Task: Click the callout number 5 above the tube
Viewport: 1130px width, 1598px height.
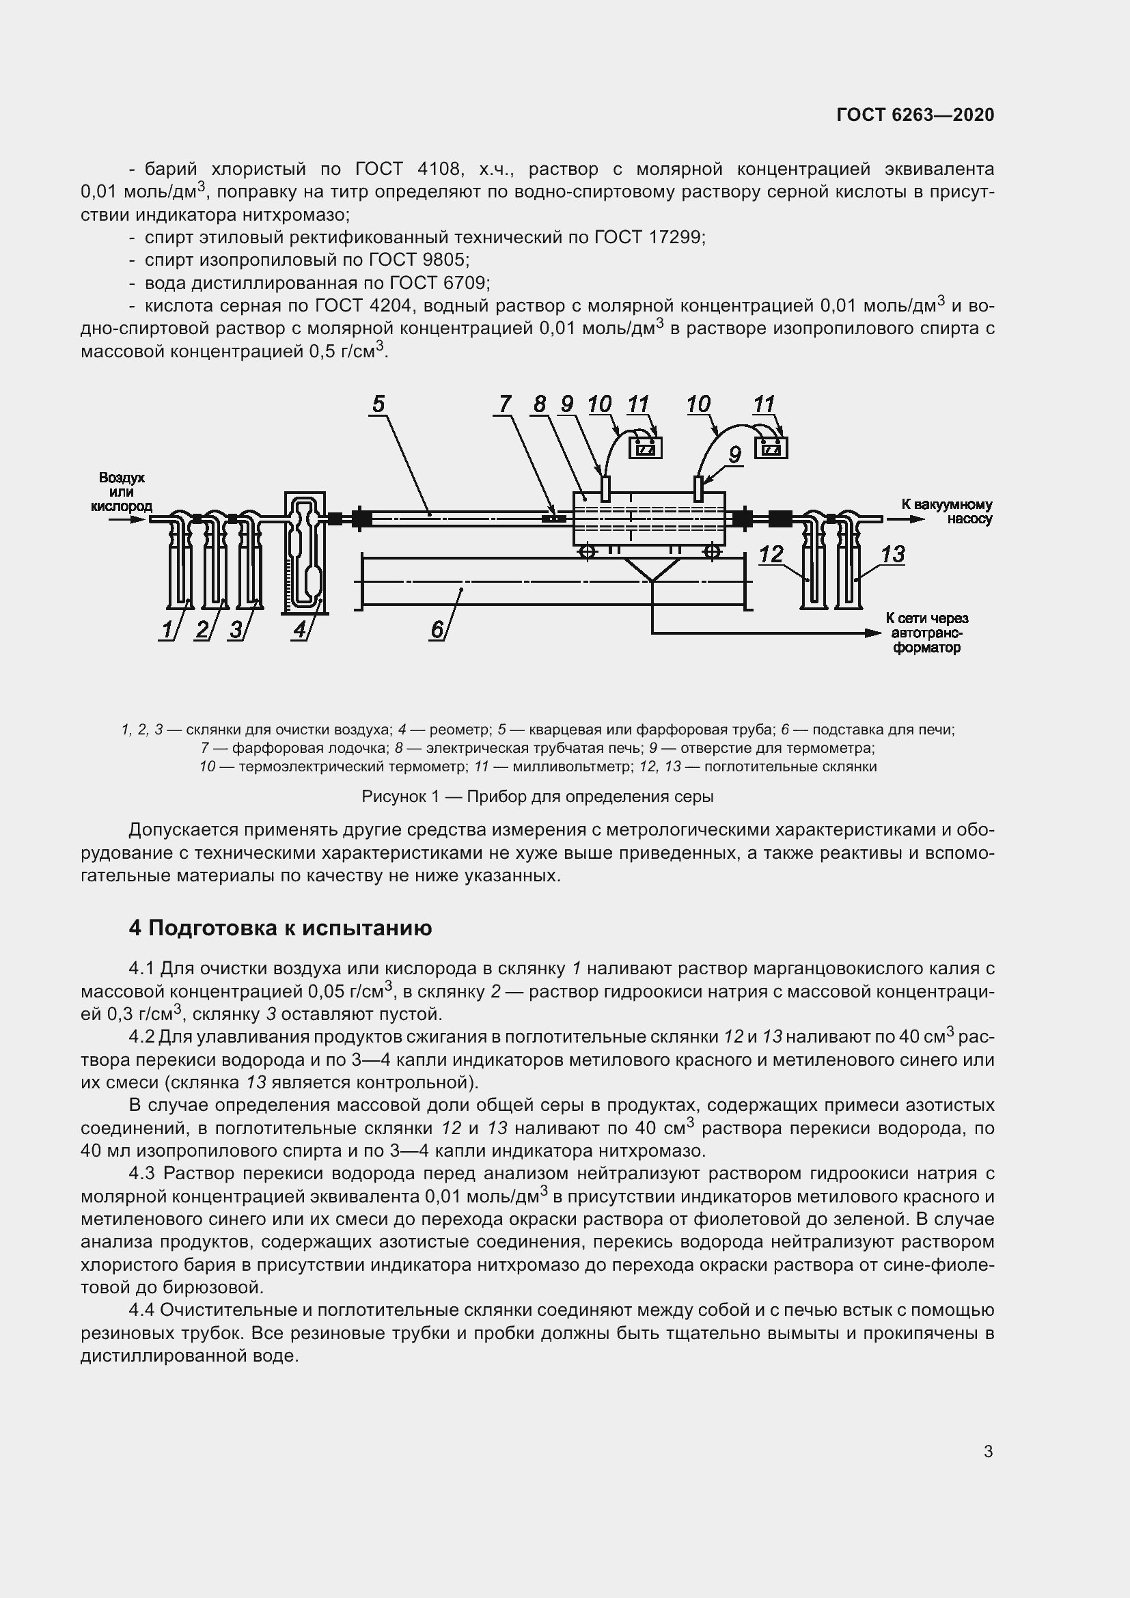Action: click(x=378, y=404)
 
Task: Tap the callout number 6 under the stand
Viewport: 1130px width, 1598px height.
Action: click(x=437, y=629)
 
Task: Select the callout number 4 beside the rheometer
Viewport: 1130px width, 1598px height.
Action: click(x=300, y=629)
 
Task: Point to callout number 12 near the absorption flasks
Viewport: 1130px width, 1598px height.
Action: click(x=771, y=554)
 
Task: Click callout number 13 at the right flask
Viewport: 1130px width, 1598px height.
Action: click(x=893, y=554)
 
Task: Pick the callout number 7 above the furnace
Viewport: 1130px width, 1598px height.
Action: click(x=505, y=404)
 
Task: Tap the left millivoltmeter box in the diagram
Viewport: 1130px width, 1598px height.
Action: click(x=645, y=447)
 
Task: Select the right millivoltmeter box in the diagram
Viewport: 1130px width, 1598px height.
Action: click(x=771, y=447)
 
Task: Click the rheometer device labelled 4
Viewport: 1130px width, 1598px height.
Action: click(x=305, y=553)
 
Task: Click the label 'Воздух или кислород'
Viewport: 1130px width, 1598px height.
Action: click(x=121, y=492)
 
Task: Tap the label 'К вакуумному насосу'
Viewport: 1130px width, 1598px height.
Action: click(x=947, y=512)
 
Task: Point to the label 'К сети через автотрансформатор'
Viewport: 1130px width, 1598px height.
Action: click(x=927, y=633)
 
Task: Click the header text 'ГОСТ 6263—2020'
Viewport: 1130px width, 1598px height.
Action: click(x=915, y=115)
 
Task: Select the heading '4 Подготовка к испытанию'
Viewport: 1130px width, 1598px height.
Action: click(x=280, y=928)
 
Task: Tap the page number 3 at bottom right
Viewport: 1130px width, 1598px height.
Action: click(x=988, y=1452)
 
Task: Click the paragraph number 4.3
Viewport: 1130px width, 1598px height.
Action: click(x=143, y=1174)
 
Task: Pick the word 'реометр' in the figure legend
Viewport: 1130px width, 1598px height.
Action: click(x=460, y=730)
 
